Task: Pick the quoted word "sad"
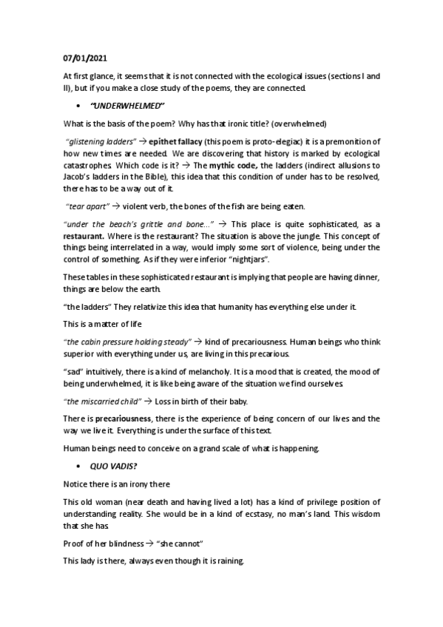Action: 72,374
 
